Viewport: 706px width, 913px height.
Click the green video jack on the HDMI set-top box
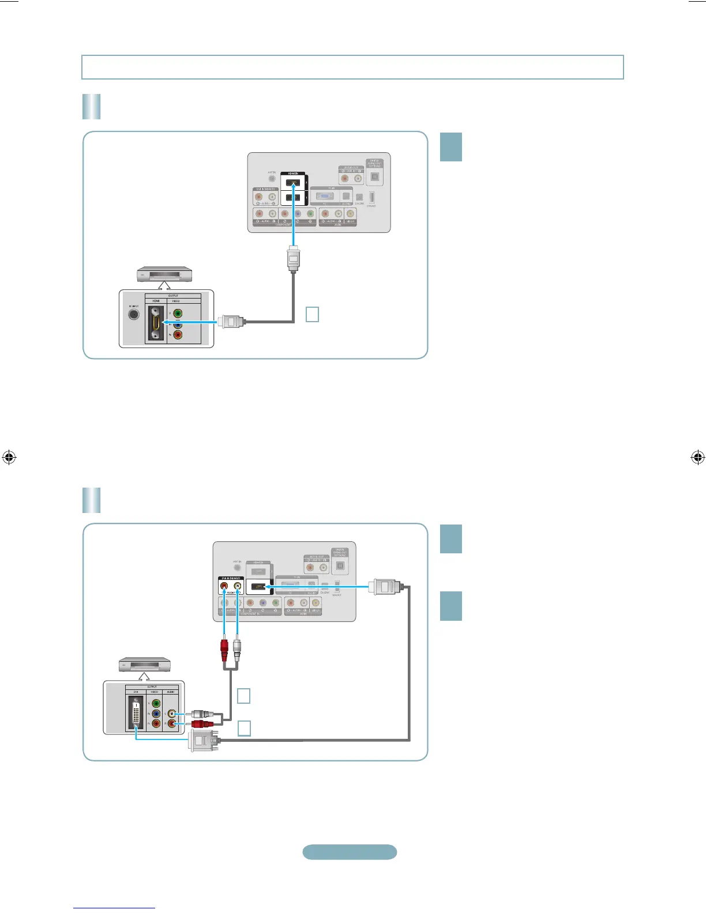(178, 314)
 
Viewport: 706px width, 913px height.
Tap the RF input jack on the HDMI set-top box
(133, 315)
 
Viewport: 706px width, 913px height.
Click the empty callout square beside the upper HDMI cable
(312, 314)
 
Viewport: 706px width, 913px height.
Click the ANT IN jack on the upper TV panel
(272, 178)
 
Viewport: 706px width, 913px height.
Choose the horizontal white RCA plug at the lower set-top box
(202, 714)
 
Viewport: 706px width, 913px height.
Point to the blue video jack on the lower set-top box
(156, 714)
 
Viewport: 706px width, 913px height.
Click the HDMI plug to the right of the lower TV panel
(387, 587)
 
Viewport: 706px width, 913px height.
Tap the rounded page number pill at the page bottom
(350, 852)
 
